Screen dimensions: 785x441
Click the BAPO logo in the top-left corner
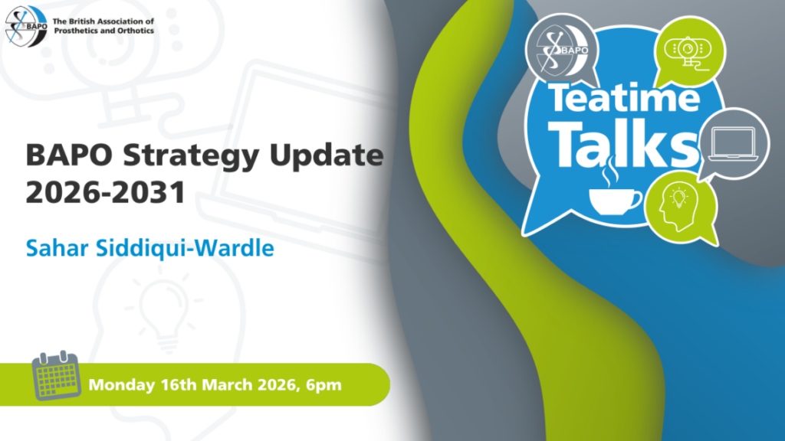pyautogui.click(x=26, y=27)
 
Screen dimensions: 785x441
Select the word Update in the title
pyautogui.click(x=327, y=156)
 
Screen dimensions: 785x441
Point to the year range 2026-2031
pyautogui.click(x=106, y=192)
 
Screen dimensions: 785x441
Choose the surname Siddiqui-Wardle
pyautogui.click(x=185, y=248)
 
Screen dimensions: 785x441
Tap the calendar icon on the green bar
pyautogui.click(x=56, y=375)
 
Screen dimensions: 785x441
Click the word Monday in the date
pyautogui.click(x=122, y=385)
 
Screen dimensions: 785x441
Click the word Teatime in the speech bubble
pyautogui.click(x=624, y=97)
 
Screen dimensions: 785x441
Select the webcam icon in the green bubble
pyautogui.click(x=688, y=51)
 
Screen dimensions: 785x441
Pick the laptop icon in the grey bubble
pyautogui.click(x=734, y=145)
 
